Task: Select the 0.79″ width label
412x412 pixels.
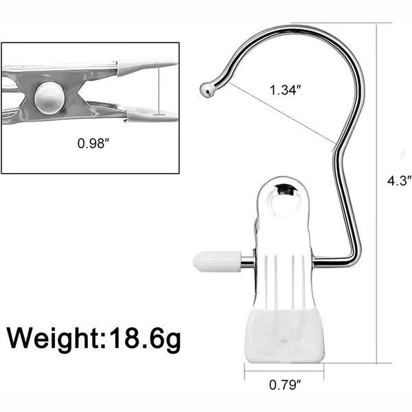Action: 284,385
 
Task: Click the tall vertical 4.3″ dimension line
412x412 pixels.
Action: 377,192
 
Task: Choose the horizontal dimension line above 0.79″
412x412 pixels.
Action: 284,371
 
